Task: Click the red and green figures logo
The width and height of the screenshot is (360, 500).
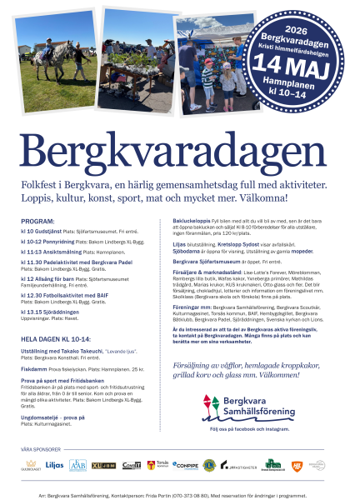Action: [209, 407]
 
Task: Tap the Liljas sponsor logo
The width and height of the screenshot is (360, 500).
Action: [55, 465]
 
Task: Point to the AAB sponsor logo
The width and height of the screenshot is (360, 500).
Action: [78, 465]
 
